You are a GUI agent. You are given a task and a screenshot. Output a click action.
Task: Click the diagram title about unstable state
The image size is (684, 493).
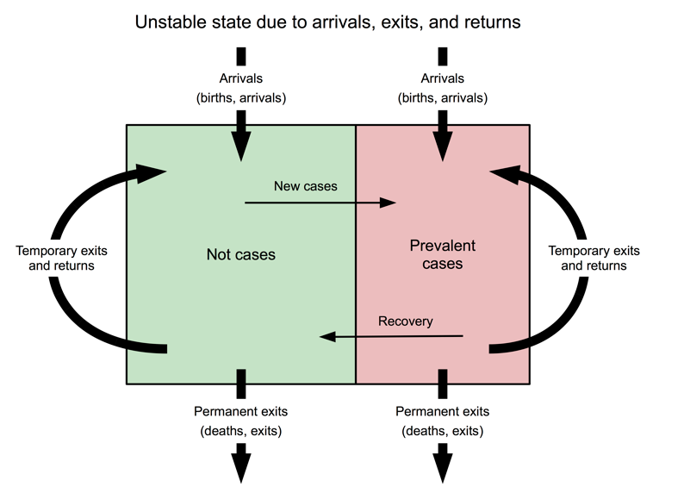[328, 22]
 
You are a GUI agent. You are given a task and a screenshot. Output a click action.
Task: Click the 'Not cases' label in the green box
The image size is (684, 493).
[241, 254]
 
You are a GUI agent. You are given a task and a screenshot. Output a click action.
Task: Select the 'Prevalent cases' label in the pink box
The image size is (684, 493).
[443, 254]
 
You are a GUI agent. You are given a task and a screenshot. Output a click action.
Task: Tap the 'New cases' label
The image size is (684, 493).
[306, 185]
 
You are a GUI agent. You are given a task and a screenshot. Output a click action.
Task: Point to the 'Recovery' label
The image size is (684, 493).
[406, 321]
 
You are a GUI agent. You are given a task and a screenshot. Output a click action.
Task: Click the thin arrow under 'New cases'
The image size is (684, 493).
[319, 203]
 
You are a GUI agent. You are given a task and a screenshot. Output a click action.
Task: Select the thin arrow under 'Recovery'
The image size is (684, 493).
[392, 337]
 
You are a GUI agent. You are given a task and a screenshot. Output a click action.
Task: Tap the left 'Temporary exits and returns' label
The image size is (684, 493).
[55, 259]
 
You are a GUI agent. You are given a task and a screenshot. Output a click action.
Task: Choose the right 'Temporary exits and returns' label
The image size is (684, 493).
[594, 259]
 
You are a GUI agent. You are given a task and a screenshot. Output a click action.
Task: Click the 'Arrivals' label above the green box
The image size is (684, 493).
[241, 79]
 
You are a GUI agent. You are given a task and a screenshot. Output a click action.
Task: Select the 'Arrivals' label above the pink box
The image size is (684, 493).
[443, 79]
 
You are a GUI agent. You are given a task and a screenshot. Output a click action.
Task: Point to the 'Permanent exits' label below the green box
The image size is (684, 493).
[241, 411]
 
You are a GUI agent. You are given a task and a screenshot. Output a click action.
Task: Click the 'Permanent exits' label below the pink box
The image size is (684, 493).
[443, 411]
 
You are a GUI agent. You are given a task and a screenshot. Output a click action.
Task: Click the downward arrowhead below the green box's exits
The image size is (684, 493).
[242, 467]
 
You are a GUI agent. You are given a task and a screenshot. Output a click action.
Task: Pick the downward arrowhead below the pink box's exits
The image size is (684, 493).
[444, 467]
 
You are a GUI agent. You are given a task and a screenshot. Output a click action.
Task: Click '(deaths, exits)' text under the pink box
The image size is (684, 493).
[443, 430]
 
